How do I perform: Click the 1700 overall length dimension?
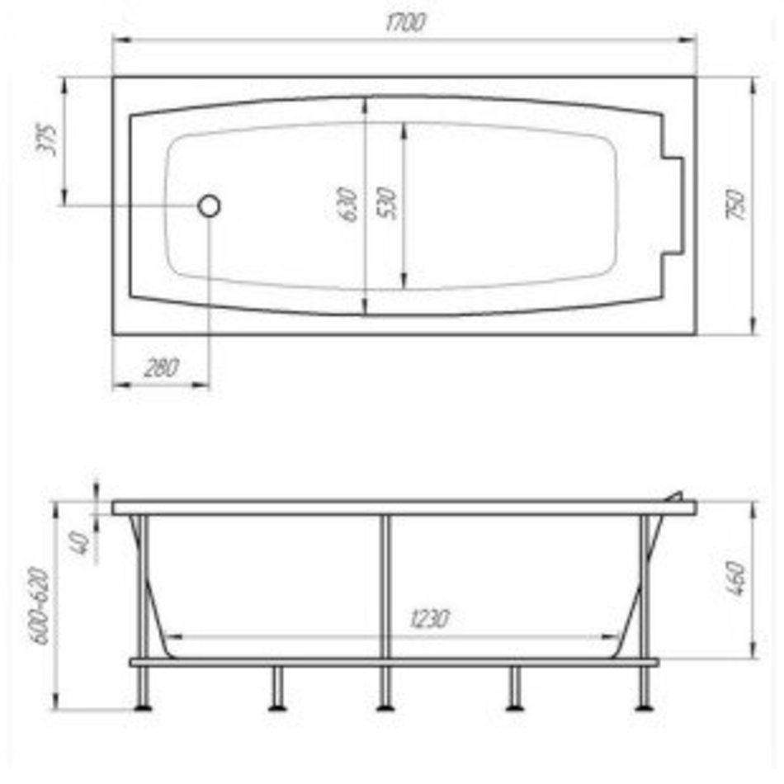405,22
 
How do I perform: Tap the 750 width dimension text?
735,204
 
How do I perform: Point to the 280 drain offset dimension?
161,368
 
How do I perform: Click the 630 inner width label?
347,205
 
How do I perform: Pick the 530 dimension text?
386,203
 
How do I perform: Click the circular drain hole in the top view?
209,205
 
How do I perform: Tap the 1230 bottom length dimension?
429,618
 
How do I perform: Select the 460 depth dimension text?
735,579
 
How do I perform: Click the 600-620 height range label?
40,606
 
